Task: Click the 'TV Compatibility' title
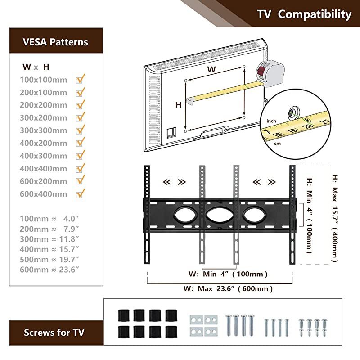[x=304, y=14]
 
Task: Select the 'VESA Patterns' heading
[x=55, y=42]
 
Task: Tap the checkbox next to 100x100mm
[x=81, y=79]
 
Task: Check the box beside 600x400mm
[x=81, y=194]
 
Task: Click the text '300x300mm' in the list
[x=44, y=130]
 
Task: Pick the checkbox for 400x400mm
[x=81, y=168]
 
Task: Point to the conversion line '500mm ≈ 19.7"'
[x=49, y=259]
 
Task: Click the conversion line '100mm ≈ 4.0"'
[x=49, y=219]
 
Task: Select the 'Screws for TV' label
[x=54, y=333]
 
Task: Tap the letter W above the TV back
[x=211, y=69]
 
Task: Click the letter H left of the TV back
[x=179, y=105]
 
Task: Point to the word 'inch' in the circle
[x=271, y=121]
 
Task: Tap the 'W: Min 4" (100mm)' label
[x=228, y=274]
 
